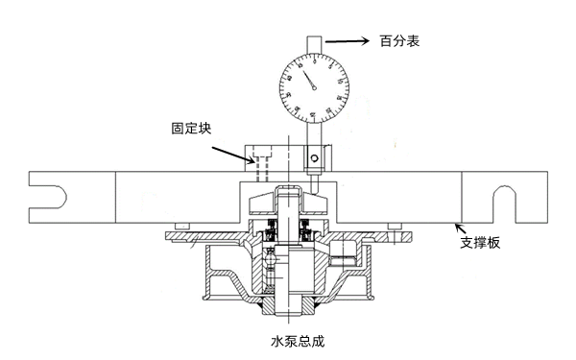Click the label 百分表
point(397,41)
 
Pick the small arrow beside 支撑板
point(462,229)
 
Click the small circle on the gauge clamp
point(314,156)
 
